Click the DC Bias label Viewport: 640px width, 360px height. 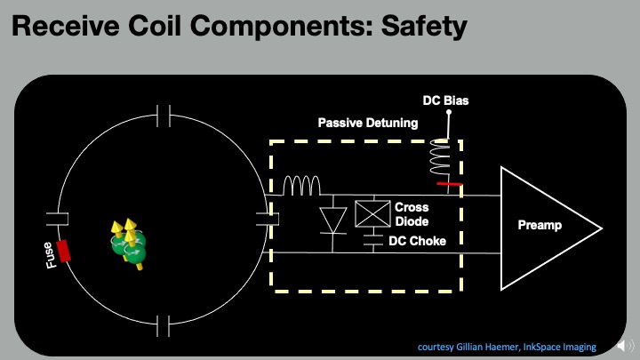(x=446, y=100)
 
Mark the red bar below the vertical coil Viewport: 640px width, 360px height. (x=450, y=185)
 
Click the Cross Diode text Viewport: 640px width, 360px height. (x=412, y=214)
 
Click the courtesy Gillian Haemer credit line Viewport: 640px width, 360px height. (x=506, y=346)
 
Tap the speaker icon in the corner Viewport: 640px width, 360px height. (x=626, y=347)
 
